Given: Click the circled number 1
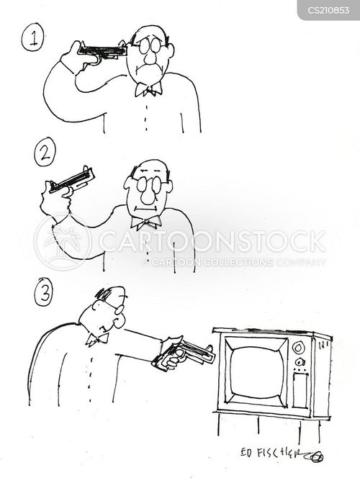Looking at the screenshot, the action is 32,40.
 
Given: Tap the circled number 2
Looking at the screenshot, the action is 45,152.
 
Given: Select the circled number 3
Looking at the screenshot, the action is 43,292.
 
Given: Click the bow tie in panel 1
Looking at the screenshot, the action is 148,89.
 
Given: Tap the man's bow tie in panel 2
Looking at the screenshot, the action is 145,222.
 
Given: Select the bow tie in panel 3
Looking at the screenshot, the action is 97,339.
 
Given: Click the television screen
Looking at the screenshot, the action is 256,371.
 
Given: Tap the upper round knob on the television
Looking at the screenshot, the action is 298,348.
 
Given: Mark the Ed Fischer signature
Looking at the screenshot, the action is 282,454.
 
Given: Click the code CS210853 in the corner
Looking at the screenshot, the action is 328,10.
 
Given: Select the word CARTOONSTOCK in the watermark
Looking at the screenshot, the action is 212,241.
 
